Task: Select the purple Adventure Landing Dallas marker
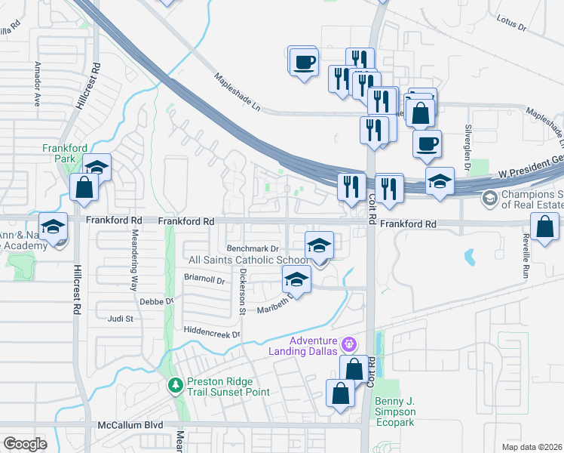(348, 344)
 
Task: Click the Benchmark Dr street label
(253, 248)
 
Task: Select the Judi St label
(120, 319)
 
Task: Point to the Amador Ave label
(35, 84)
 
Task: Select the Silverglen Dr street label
(468, 143)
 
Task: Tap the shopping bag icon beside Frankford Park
(84, 187)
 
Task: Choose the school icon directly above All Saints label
(319, 245)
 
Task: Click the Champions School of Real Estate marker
(489, 198)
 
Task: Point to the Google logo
(25, 444)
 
